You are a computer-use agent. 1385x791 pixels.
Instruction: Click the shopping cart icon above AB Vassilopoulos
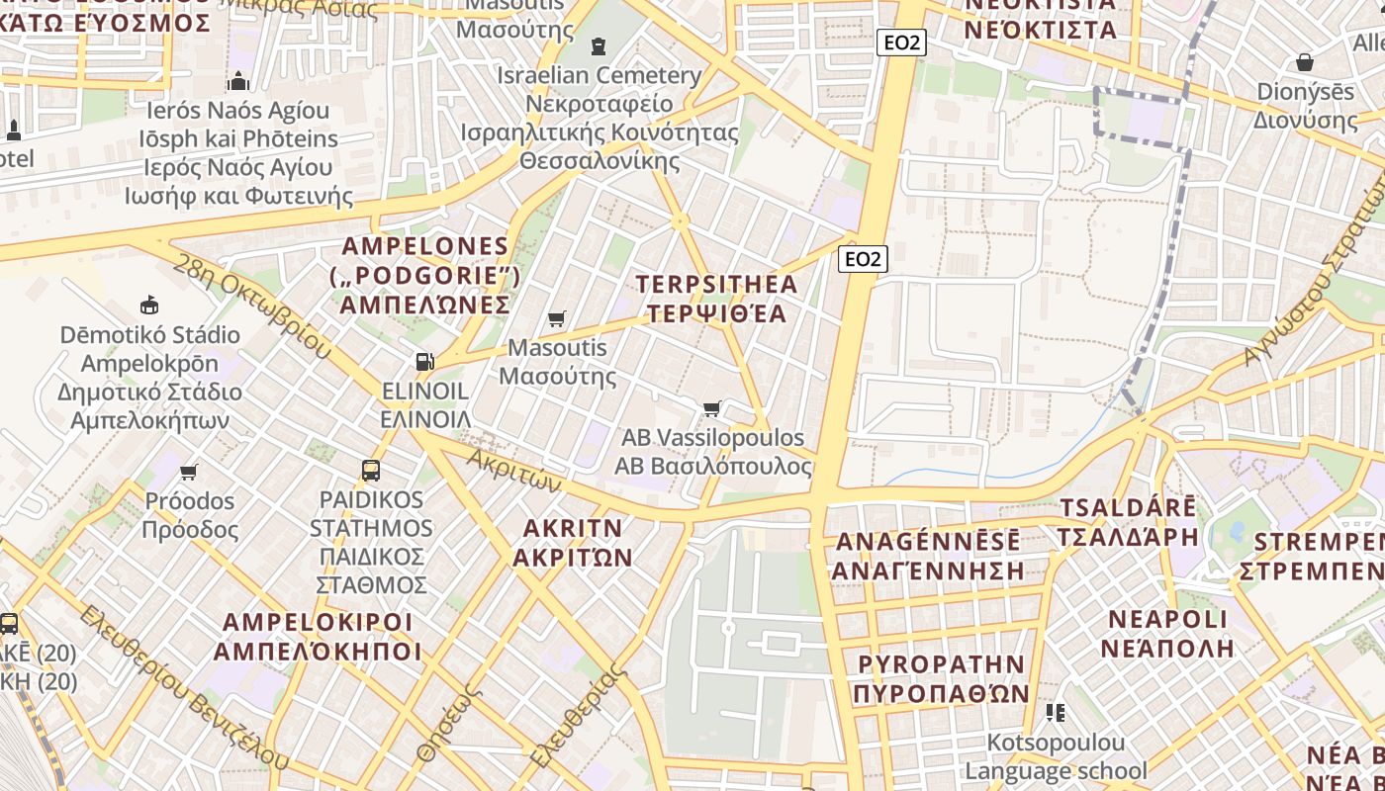[711, 408]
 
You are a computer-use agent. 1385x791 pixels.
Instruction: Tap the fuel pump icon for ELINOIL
[424, 362]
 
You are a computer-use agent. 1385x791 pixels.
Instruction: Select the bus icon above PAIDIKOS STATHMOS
[371, 471]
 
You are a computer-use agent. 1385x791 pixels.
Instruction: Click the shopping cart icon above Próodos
[189, 472]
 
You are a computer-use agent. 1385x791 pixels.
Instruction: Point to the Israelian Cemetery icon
[598, 46]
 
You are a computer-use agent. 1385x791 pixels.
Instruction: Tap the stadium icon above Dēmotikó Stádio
[149, 305]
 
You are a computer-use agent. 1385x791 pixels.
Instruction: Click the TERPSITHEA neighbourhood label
[716, 285]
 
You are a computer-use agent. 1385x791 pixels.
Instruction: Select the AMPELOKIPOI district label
[318, 623]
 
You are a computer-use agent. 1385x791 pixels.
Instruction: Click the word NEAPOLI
[1167, 620]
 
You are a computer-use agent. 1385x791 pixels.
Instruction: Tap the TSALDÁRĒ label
[1127, 508]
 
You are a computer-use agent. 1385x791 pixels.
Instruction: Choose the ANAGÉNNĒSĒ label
[928, 542]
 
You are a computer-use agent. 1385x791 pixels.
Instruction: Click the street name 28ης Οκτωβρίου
[252, 306]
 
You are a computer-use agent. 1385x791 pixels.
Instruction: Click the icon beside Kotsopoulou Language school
[1055, 712]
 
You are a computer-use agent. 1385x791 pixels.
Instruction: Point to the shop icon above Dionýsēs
[1305, 62]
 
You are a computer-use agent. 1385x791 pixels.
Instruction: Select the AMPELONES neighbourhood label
[425, 246]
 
